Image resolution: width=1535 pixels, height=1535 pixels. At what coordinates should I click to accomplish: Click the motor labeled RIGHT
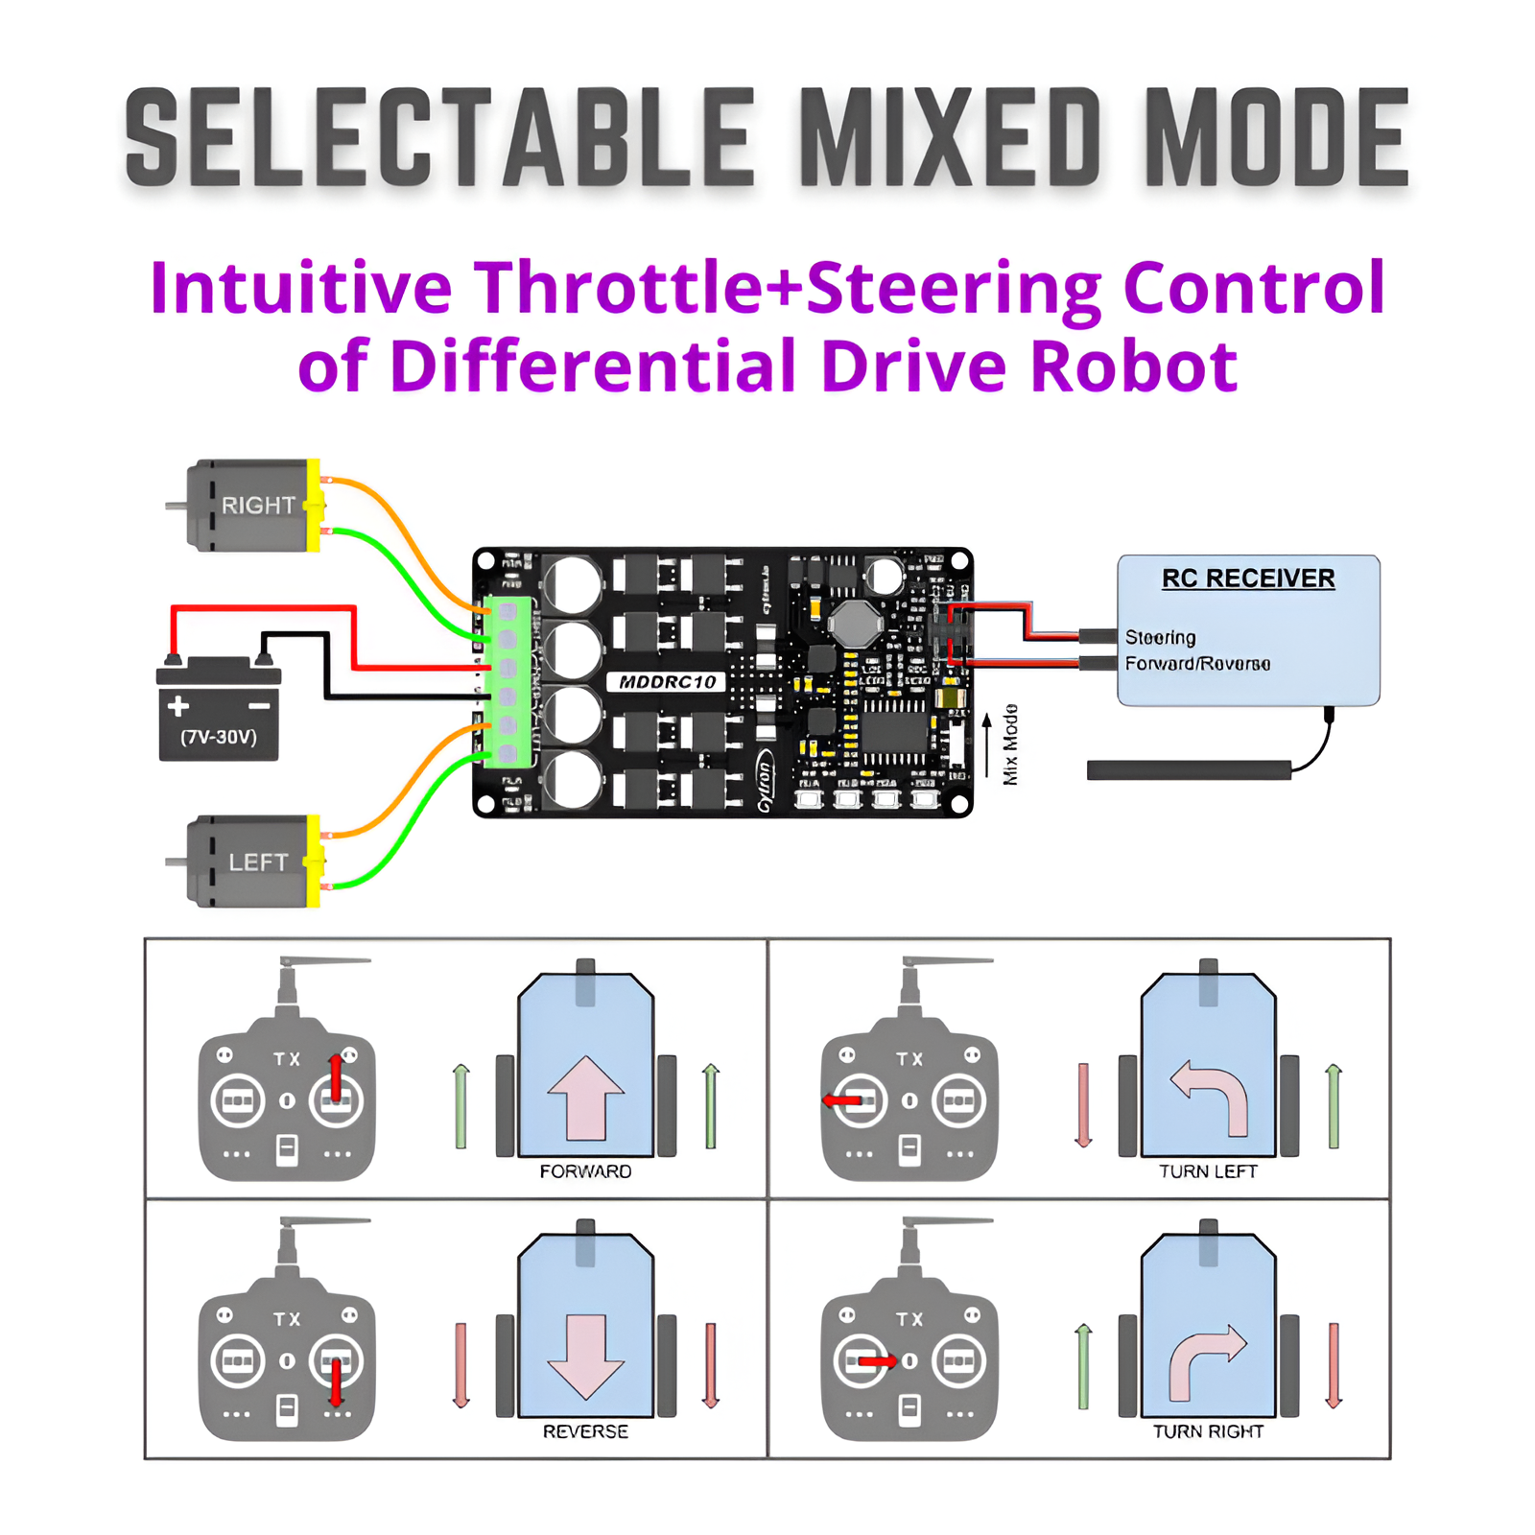(251, 506)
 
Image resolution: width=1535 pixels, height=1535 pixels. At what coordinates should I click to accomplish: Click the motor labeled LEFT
(251, 862)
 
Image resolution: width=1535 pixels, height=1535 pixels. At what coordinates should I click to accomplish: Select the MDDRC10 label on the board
(668, 682)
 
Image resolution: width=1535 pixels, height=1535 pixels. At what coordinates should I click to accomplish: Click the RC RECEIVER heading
(1248, 579)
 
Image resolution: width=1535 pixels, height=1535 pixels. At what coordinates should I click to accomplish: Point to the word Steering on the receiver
(1160, 637)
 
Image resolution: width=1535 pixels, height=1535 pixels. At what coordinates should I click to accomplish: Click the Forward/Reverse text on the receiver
(1197, 664)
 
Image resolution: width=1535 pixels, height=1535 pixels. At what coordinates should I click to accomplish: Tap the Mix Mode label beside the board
(1010, 744)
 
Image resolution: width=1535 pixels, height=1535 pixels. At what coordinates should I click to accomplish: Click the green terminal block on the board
(508, 681)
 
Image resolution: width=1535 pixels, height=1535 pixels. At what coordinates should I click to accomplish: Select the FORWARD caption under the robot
(585, 1171)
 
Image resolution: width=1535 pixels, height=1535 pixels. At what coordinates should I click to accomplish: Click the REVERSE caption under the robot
(585, 1431)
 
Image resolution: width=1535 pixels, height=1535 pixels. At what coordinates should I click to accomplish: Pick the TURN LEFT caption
(1208, 1171)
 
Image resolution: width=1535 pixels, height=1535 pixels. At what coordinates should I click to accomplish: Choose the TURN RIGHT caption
(1208, 1431)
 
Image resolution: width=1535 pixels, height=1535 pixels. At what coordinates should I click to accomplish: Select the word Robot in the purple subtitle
(1134, 366)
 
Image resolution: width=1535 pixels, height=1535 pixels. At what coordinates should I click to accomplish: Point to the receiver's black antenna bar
(1189, 769)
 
